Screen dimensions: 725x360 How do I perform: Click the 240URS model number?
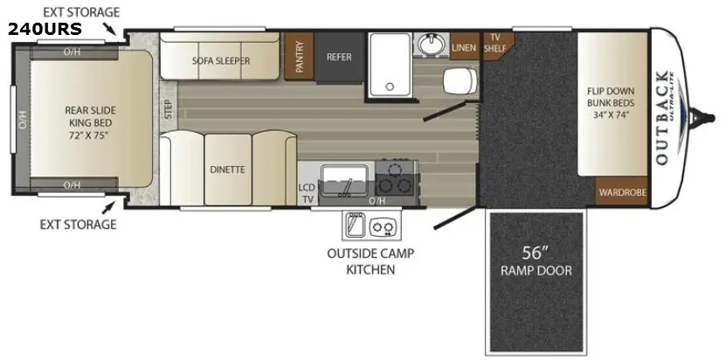[45, 29]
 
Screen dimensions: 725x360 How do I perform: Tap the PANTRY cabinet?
[299, 57]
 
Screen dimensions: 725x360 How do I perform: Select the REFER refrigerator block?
[339, 58]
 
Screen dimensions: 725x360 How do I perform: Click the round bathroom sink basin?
[432, 45]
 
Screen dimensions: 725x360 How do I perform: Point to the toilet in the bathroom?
[460, 80]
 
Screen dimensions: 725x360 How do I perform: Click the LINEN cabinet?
[464, 46]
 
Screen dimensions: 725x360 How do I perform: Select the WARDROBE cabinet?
[622, 191]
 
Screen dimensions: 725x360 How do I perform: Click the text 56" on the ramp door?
[535, 253]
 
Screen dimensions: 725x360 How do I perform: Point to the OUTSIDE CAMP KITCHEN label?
[371, 261]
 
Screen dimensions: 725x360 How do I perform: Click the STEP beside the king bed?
[169, 110]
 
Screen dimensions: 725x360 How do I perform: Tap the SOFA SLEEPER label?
[220, 60]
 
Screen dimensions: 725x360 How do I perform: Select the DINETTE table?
[227, 170]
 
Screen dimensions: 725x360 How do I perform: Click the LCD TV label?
[306, 194]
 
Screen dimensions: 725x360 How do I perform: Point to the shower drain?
[390, 86]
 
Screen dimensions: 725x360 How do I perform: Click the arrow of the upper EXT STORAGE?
[110, 29]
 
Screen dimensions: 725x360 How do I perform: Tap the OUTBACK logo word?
[662, 118]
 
